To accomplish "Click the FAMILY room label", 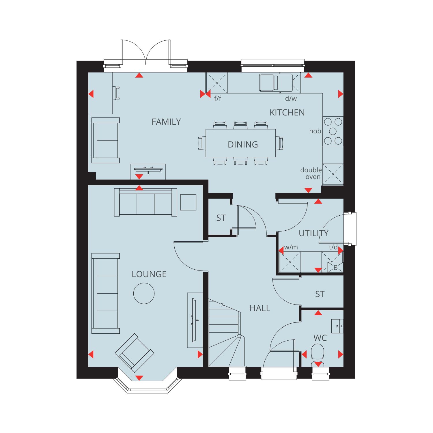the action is coord(166,122).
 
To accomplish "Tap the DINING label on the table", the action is coord(243,144).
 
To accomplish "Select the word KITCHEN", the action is coord(287,113).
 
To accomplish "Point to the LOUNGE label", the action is coord(149,274).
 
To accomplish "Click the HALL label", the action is coord(260,308).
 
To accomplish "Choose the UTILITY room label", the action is coord(314,233).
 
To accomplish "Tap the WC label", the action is coord(320,338).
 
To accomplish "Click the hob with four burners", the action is coord(333,131).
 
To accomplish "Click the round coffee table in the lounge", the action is coord(144,293).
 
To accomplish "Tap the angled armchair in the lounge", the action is coord(135,353).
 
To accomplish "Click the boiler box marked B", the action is coord(335,267).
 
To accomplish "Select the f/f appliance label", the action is coord(218,98).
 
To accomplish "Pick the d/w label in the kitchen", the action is coord(291,98).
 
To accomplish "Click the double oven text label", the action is coord(311,173).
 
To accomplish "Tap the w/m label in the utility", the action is coord(291,247).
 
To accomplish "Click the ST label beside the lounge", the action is coord(221,218).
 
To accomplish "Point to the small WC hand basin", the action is coord(337,326).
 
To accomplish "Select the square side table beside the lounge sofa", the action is coord(188,202).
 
